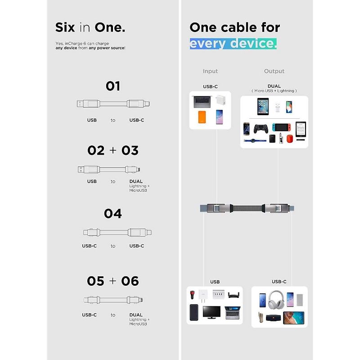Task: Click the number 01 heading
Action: pos(113,86)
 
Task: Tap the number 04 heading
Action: pos(113,213)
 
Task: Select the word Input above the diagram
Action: pos(210,71)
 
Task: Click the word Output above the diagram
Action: pos(274,71)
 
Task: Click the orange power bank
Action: pos(202,117)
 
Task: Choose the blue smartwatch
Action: pos(255,140)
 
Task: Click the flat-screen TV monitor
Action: pos(211,312)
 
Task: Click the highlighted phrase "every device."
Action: pos(233,44)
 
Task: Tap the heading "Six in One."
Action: pos(90,27)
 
